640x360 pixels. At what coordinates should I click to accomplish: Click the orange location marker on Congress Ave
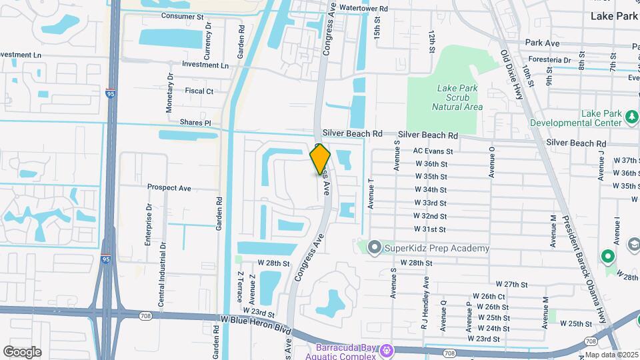(x=321, y=159)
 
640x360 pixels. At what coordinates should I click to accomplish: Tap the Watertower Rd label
(x=363, y=9)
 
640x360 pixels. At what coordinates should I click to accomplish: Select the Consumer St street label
(x=182, y=15)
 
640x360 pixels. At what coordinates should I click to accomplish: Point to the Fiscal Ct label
(x=199, y=91)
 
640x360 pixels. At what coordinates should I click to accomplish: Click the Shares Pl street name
(x=195, y=123)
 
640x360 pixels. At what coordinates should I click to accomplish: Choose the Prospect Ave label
(x=169, y=188)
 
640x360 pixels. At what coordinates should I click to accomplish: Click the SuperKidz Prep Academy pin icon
(x=374, y=249)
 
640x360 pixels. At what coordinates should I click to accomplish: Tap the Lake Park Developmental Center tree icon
(x=631, y=118)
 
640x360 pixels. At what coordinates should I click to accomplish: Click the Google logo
(x=22, y=352)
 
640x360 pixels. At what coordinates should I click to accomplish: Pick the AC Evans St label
(x=433, y=151)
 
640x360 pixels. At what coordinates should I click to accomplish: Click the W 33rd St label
(x=430, y=203)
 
